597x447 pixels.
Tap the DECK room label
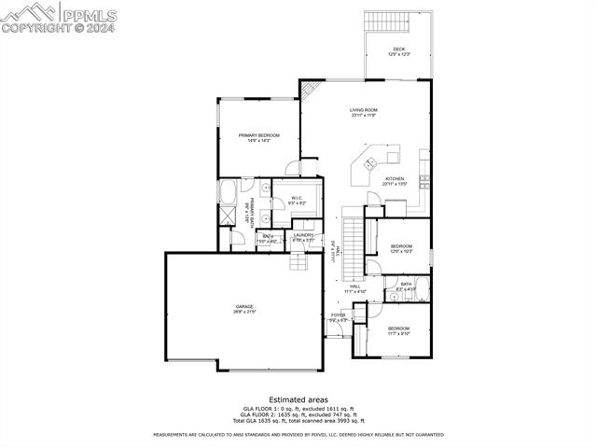click(398, 51)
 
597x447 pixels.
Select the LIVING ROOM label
click(363, 112)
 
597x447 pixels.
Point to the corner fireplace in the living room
click(311, 90)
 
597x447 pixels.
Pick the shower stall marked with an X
click(228, 215)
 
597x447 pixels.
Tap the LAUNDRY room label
click(303, 237)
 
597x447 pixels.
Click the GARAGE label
click(244, 309)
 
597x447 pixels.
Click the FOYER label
click(338, 317)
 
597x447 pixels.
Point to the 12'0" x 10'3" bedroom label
click(401, 248)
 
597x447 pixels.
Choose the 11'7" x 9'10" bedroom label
click(398, 330)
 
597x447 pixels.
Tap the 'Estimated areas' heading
click(298, 398)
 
